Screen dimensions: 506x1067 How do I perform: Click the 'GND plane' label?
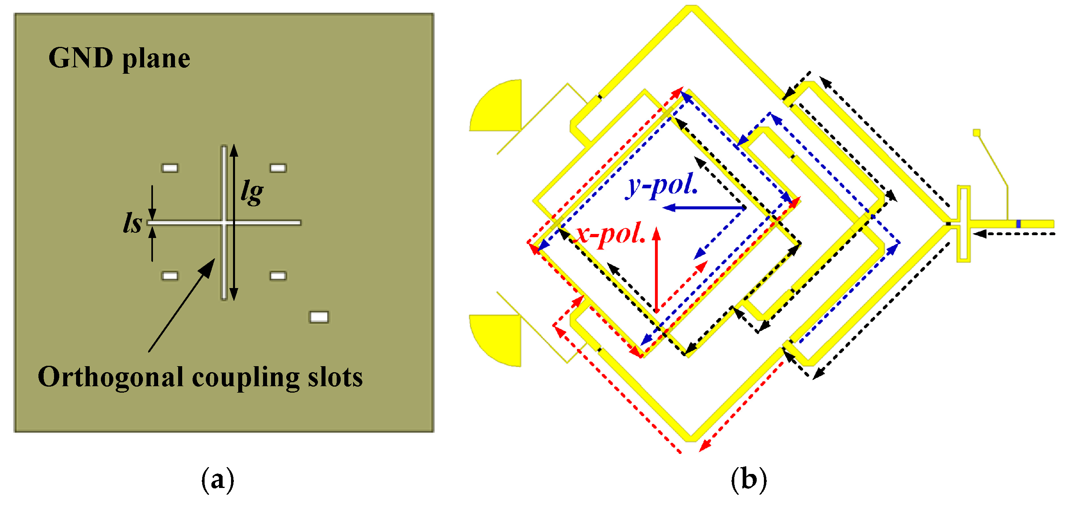[x=119, y=58]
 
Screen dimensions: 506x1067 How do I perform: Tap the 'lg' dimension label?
[x=252, y=192]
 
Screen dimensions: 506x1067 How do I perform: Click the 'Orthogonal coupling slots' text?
[x=201, y=377]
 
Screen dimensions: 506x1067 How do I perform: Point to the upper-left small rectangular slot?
[x=170, y=168]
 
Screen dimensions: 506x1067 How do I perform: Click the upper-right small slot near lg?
[x=278, y=168]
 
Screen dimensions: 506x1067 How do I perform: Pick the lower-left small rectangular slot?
[x=170, y=276]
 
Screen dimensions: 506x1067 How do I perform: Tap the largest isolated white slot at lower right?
[x=319, y=317]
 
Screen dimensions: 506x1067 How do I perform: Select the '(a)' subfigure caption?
[x=217, y=480]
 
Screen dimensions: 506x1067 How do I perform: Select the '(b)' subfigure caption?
[x=748, y=480]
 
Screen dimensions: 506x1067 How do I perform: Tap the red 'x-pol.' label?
[x=610, y=234]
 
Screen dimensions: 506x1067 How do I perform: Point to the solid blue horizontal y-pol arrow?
[x=704, y=208]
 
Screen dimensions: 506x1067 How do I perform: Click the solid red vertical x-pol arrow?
[x=657, y=269]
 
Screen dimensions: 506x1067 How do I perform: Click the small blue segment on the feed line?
[x=1019, y=224]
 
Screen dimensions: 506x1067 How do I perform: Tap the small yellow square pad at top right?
[x=976, y=133]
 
